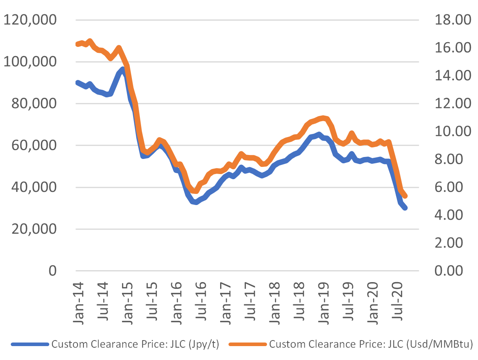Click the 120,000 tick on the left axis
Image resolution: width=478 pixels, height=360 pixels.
(30, 20)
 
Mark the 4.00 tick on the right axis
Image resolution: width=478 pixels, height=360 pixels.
(450, 215)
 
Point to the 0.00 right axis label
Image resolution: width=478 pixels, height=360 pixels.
(450, 271)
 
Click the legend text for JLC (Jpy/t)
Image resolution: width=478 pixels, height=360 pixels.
(135, 344)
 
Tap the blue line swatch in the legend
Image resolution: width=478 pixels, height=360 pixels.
(30, 345)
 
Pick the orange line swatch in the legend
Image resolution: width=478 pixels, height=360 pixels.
(248, 345)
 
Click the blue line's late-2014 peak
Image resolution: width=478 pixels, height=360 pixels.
(123, 70)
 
